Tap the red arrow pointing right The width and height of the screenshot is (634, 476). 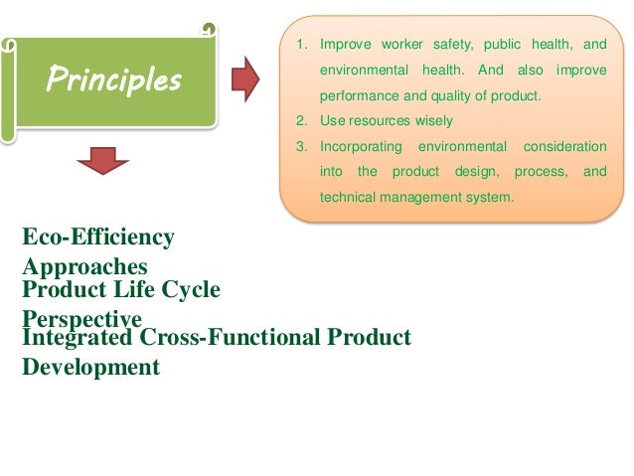(x=244, y=78)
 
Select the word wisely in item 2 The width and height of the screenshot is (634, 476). (x=432, y=121)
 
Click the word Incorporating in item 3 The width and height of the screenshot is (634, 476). (x=361, y=146)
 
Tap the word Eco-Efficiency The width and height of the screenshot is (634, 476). (x=98, y=237)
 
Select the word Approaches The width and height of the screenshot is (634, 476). (x=84, y=266)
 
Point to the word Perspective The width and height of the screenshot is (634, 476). (x=81, y=318)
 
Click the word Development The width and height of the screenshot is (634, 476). (x=90, y=367)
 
